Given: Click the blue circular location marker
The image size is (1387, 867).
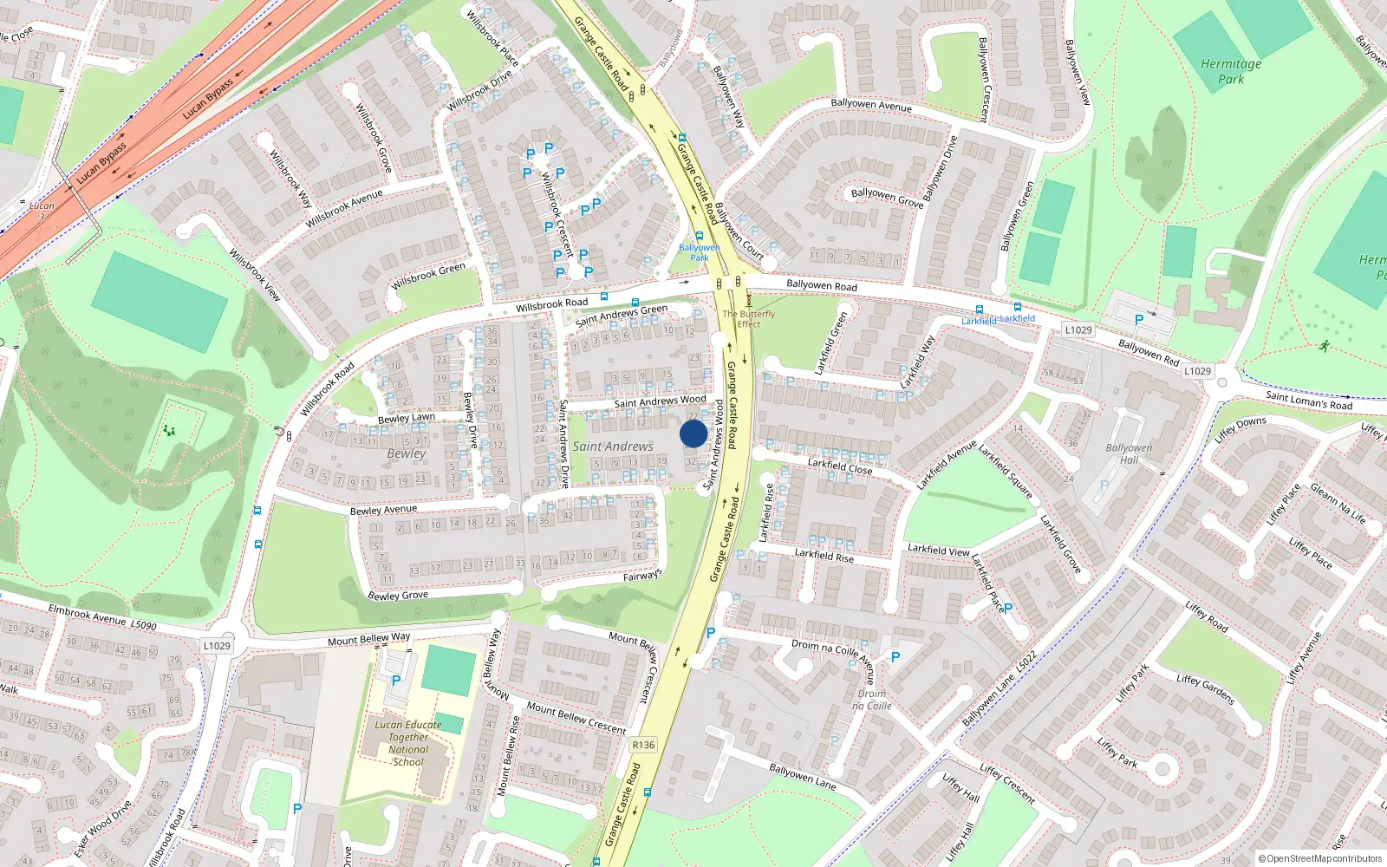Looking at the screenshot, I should (693, 433).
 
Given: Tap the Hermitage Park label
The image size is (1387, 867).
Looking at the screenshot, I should (1231, 71).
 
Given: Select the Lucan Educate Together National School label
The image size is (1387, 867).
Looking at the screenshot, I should (408, 743).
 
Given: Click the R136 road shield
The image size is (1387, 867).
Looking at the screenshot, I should (643, 745).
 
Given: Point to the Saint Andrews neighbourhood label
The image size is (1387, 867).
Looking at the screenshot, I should (613, 447).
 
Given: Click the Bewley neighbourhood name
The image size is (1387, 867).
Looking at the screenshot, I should (407, 453).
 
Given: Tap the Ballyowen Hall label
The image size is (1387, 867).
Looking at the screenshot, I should (1129, 453).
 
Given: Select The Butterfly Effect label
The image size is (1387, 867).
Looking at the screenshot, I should (749, 319).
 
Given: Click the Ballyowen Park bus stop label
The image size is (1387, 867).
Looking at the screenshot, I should (700, 252).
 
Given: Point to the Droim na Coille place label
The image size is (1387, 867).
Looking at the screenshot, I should (872, 700).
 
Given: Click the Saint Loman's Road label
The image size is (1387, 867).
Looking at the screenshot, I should (1309, 401).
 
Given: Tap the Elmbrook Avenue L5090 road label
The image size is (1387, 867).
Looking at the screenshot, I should (102, 617).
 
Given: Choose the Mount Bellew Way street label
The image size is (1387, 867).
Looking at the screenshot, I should (368, 640).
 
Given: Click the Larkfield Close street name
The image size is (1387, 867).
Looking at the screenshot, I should (840, 466).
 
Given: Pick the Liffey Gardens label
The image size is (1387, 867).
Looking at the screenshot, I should (1206, 689).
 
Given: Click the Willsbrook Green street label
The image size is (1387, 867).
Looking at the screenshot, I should (428, 277).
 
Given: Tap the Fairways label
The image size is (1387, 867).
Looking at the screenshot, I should (642, 575).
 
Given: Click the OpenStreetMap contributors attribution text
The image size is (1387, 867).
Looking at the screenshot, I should (1324, 859).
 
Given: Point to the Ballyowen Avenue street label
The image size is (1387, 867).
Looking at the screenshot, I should (871, 105).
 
